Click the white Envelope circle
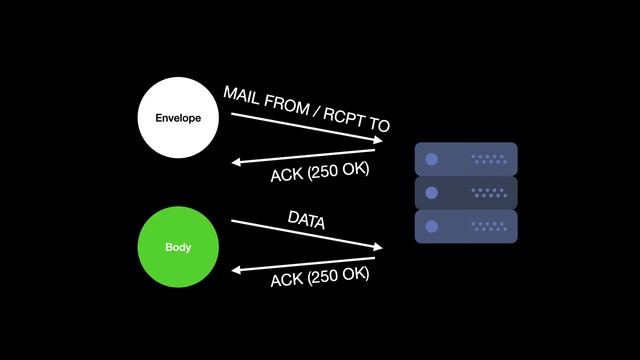tap(178, 118)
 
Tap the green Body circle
tap(178, 247)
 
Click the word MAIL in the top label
tap(243, 96)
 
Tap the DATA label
tap(306, 220)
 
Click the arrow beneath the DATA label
tap(306, 234)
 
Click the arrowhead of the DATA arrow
tap(378, 247)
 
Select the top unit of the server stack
tap(466, 159)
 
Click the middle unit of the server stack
tap(466, 192)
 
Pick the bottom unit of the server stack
tap(466, 226)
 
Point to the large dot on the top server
tap(432, 159)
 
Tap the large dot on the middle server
tap(432, 192)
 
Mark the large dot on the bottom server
tap(432, 226)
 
